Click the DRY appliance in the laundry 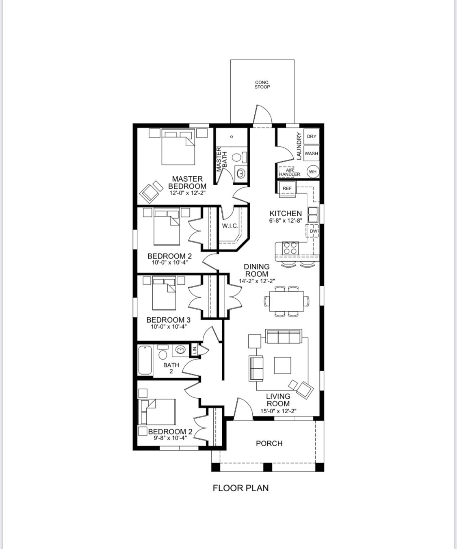pyautogui.click(x=312, y=137)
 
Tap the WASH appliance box pyautogui.click(x=312, y=153)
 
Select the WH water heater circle pyautogui.click(x=313, y=172)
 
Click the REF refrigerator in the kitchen pyautogui.click(x=287, y=189)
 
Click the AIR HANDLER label pyautogui.click(x=290, y=172)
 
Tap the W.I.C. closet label pyautogui.click(x=230, y=226)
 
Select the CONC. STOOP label pyautogui.click(x=262, y=85)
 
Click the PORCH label pyautogui.click(x=269, y=444)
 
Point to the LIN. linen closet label pyautogui.click(x=195, y=350)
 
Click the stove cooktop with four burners pyautogui.click(x=290, y=248)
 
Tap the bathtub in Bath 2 pyautogui.click(x=145, y=360)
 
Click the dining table pyautogui.click(x=286, y=301)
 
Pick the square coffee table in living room pyautogui.click(x=282, y=365)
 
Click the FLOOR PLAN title pyautogui.click(x=241, y=488)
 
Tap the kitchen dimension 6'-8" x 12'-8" pyautogui.click(x=286, y=221)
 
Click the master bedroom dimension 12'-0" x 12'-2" pyautogui.click(x=187, y=193)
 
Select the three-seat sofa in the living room pyautogui.click(x=284, y=336)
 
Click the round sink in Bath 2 pyautogui.click(x=180, y=350)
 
